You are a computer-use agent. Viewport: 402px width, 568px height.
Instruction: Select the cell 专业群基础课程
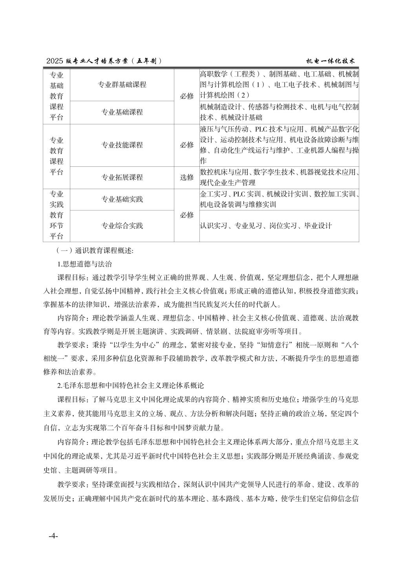pyautogui.click(x=122, y=85)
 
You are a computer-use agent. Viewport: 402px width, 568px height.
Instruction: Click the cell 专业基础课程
pyautogui.click(x=122, y=112)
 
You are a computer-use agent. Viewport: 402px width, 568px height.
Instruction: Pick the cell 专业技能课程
pyautogui.click(x=122, y=145)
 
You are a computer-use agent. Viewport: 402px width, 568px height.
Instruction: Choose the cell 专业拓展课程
pyautogui.click(x=122, y=177)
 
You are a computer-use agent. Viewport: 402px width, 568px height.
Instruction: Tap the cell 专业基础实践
pyautogui.click(x=122, y=199)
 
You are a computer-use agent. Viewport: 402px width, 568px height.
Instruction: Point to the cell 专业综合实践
pyautogui.click(x=122, y=226)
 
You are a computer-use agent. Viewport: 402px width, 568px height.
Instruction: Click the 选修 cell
pyautogui.click(x=187, y=177)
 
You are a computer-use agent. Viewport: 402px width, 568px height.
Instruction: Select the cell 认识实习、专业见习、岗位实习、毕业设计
pyautogui.click(x=266, y=226)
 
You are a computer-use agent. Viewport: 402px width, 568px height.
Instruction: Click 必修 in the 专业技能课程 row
pyautogui.click(x=187, y=145)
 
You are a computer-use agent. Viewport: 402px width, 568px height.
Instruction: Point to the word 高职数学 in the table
pyautogui.click(x=213, y=74)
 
